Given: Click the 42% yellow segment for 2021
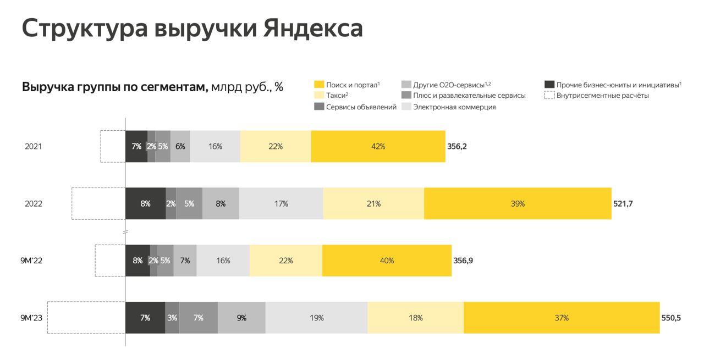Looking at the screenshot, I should [x=378, y=147].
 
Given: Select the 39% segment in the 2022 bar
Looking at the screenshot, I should [x=518, y=203].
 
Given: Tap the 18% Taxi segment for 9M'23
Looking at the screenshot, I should [x=415, y=318].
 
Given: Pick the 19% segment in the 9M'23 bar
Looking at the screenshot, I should [x=316, y=318].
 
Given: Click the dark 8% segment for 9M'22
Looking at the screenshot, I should [x=137, y=261].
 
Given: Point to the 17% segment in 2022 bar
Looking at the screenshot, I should [x=281, y=203].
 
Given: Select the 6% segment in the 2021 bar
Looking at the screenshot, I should [x=180, y=147].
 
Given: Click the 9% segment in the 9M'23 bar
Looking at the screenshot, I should [x=241, y=318].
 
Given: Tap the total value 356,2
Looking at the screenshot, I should [x=457, y=147].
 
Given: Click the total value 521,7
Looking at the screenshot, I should [x=623, y=203].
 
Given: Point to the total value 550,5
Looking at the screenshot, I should [x=672, y=318].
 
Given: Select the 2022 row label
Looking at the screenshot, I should [x=34, y=203].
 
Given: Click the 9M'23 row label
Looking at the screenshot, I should [x=31, y=318].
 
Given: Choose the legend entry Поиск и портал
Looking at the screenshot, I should [x=353, y=85].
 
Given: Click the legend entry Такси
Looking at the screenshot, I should [x=337, y=96].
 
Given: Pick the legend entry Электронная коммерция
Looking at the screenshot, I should [x=454, y=107].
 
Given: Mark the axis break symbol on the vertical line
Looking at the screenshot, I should [x=125, y=232].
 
